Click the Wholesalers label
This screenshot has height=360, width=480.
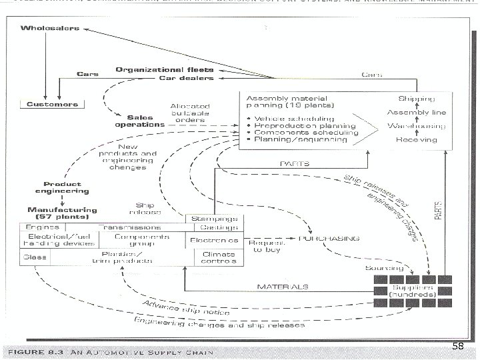(x=49, y=28)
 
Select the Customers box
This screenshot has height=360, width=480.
(x=52, y=105)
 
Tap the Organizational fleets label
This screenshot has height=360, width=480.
(x=164, y=69)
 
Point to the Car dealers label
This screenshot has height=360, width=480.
(x=186, y=78)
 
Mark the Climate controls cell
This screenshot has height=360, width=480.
(x=216, y=257)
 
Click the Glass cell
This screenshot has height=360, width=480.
(x=31, y=256)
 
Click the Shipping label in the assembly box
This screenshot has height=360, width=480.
(x=417, y=99)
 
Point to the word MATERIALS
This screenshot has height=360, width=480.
(x=283, y=287)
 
